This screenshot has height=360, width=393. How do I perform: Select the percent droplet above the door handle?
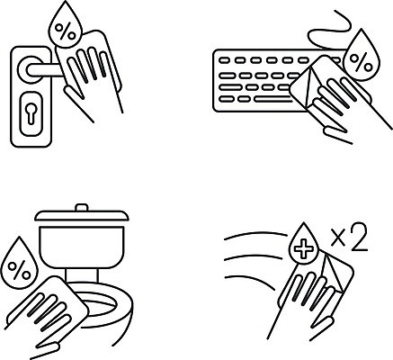point(66,25)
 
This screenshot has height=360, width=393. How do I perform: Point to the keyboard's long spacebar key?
point(272,99)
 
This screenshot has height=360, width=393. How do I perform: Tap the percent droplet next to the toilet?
point(19,263)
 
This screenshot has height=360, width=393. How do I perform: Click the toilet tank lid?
point(82,216)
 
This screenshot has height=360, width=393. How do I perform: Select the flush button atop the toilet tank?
point(82,208)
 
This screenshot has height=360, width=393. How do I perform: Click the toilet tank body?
point(82,247)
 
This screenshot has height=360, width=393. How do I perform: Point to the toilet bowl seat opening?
point(101,303)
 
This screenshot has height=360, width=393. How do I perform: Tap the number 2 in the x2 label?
point(359,237)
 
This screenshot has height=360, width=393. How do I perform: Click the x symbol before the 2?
point(339,238)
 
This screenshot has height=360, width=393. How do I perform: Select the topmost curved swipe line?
point(255,235)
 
